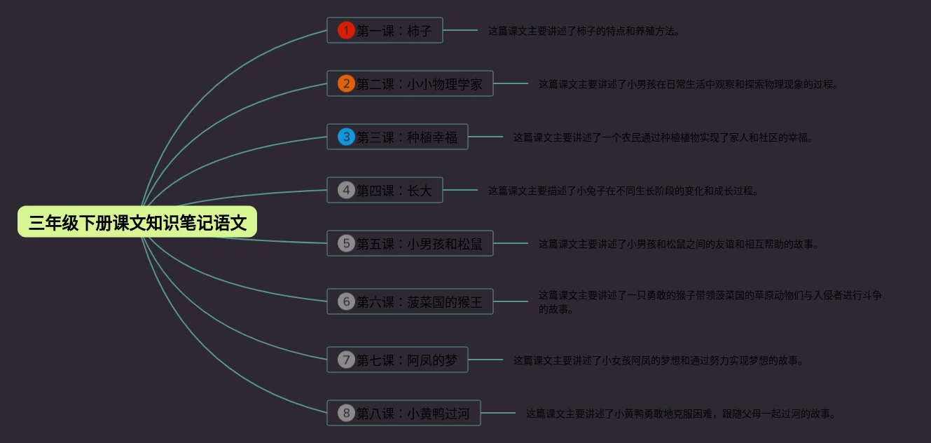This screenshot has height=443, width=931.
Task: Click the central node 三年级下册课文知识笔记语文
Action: click(x=137, y=222)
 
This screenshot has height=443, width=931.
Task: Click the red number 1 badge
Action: click(x=346, y=30)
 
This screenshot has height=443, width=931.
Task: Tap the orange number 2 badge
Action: click(x=346, y=84)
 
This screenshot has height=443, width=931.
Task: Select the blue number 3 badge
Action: click(x=346, y=137)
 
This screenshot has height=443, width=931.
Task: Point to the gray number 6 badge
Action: click(x=346, y=302)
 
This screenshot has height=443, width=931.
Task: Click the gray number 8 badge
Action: click(x=346, y=413)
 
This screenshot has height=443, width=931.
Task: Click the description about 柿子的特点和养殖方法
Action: click(x=584, y=31)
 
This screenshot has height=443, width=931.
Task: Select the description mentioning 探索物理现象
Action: click(x=688, y=84)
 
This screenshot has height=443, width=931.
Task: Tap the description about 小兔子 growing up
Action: click(x=623, y=191)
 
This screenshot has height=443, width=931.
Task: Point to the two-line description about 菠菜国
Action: click(x=709, y=302)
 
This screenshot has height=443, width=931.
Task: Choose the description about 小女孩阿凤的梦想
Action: click(x=658, y=360)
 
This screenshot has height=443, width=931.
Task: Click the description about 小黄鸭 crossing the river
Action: click(x=681, y=414)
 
